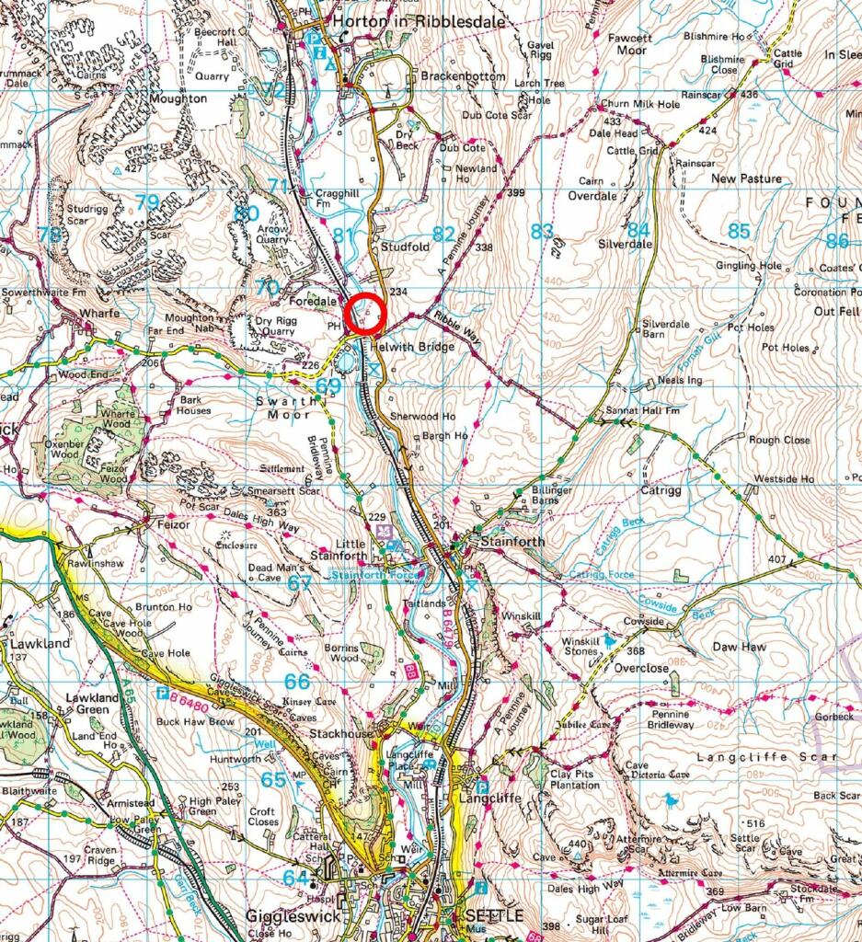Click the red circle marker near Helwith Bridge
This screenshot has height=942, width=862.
click(365, 313)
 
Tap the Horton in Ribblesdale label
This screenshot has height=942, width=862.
click(394, 19)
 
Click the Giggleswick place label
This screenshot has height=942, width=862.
click(293, 916)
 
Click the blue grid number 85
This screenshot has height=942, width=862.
click(739, 232)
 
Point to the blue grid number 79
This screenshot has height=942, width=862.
click(147, 202)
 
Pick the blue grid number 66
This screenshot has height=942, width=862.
click(297, 682)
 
